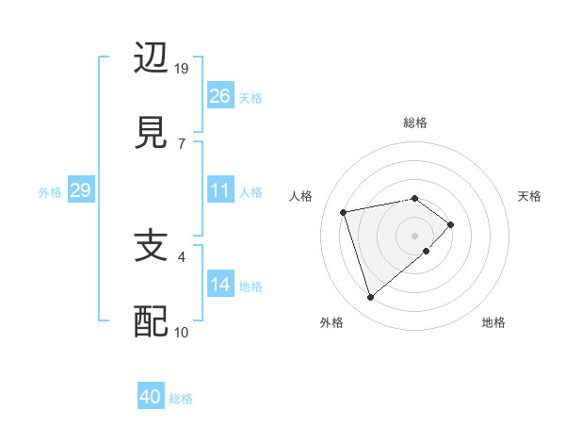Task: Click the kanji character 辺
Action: coord(152,58)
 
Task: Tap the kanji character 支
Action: coord(152,247)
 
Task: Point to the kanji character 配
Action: coord(152,321)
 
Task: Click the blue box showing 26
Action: coord(219,96)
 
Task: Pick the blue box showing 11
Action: coord(219,191)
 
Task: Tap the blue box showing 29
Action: coord(80,191)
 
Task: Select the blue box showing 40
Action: coord(151,398)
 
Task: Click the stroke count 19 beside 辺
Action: coord(182,69)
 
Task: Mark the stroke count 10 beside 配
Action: coord(182,332)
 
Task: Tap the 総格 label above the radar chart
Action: coord(414,123)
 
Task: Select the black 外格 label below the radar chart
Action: coord(331,322)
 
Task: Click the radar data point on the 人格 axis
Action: coord(344,211)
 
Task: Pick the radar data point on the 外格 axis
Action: coord(370,298)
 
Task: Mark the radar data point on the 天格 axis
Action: coord(451,224)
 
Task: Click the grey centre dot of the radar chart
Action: coord(414,235)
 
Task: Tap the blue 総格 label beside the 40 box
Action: coord(181,399)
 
